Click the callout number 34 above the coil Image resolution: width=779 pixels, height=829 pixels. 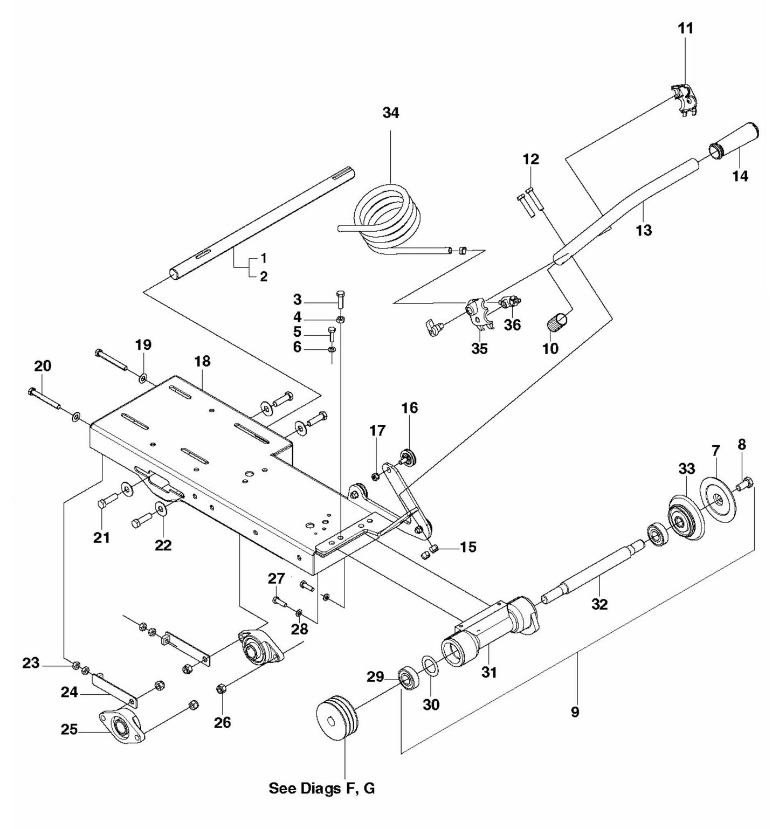coord(391,113)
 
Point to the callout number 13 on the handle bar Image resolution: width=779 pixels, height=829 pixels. coord(644,230)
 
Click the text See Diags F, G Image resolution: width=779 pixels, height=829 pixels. coord(322,789)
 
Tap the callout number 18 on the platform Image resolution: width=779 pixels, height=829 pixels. coord(202,361)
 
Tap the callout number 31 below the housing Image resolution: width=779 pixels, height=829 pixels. coord(489,672)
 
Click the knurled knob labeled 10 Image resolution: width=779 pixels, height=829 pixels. coord(557,325)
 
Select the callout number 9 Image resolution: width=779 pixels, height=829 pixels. coord(575,712)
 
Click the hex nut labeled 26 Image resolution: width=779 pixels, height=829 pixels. coord(220,689)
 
